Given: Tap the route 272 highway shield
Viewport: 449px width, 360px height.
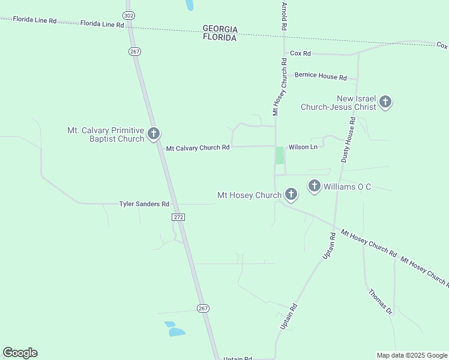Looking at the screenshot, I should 178,216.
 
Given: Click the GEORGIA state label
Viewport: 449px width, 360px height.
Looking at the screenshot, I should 220,29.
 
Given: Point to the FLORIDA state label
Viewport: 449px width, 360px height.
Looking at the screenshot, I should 219,38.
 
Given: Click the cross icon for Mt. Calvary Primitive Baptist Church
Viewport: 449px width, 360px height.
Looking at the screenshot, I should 154,133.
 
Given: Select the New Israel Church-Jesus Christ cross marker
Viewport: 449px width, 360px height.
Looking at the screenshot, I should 385,101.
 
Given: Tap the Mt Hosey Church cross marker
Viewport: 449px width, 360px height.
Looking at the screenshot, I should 291,194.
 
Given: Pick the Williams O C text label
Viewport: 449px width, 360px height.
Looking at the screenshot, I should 347,187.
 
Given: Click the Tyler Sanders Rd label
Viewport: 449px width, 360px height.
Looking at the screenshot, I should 144,204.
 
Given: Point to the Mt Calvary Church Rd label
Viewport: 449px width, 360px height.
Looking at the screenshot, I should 197,148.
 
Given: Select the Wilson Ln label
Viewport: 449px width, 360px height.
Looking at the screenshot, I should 303,147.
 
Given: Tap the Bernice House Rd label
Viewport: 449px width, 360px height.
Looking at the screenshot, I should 321,77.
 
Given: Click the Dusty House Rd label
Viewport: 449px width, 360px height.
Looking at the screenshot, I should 349,140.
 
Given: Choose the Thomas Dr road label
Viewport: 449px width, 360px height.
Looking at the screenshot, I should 380,302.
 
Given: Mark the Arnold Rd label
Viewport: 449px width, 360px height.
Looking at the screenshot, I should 284,16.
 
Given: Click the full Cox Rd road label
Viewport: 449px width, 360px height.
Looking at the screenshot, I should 300,53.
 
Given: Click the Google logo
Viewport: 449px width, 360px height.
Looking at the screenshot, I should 20,353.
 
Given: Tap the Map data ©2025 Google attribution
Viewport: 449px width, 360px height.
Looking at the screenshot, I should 412,355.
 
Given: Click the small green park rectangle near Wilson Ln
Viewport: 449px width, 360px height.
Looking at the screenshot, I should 279,155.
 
